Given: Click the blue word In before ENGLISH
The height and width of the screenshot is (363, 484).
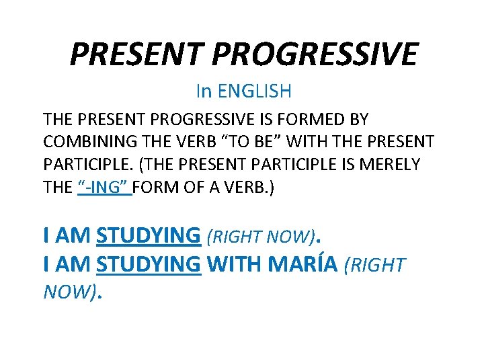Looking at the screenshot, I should click(203, 89).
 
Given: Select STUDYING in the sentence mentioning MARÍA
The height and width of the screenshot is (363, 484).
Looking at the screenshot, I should click(149, 265).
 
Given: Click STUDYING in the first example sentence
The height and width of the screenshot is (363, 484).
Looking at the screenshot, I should click(149, 235).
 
